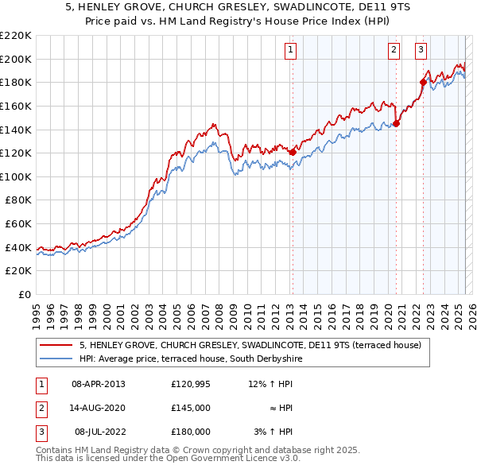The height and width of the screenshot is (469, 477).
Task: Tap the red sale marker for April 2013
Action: click(293, 152)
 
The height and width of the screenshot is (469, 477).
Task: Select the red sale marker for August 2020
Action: click(396, 123)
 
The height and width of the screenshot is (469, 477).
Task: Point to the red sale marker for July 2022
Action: click(423, 82)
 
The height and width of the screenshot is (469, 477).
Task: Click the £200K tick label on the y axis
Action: click(16, 59)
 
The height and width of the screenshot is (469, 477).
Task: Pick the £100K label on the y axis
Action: click(16, 176)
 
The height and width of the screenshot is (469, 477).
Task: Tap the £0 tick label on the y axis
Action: click(23, 294)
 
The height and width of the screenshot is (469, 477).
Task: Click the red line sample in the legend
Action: click(56, 346)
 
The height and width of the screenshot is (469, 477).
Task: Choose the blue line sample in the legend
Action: click(56, 359)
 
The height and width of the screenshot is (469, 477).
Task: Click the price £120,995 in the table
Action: click(191, 384)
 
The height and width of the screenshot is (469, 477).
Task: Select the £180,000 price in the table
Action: click(191, 432)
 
